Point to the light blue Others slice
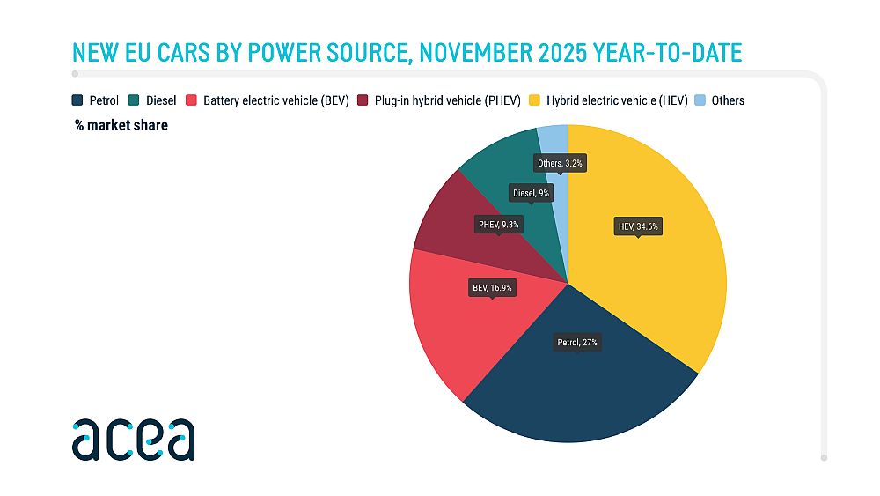coord(556,141)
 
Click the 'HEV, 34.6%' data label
coord(636,226)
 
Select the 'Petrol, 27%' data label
coord(578,342)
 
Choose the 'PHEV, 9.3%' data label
coord(499,226)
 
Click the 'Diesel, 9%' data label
coord(531,192)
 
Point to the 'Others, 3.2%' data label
coord(560,163)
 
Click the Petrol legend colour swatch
coord(78,100)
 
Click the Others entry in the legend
coord(718,100)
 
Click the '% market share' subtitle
coord(121,126)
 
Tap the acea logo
coord(133,438)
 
